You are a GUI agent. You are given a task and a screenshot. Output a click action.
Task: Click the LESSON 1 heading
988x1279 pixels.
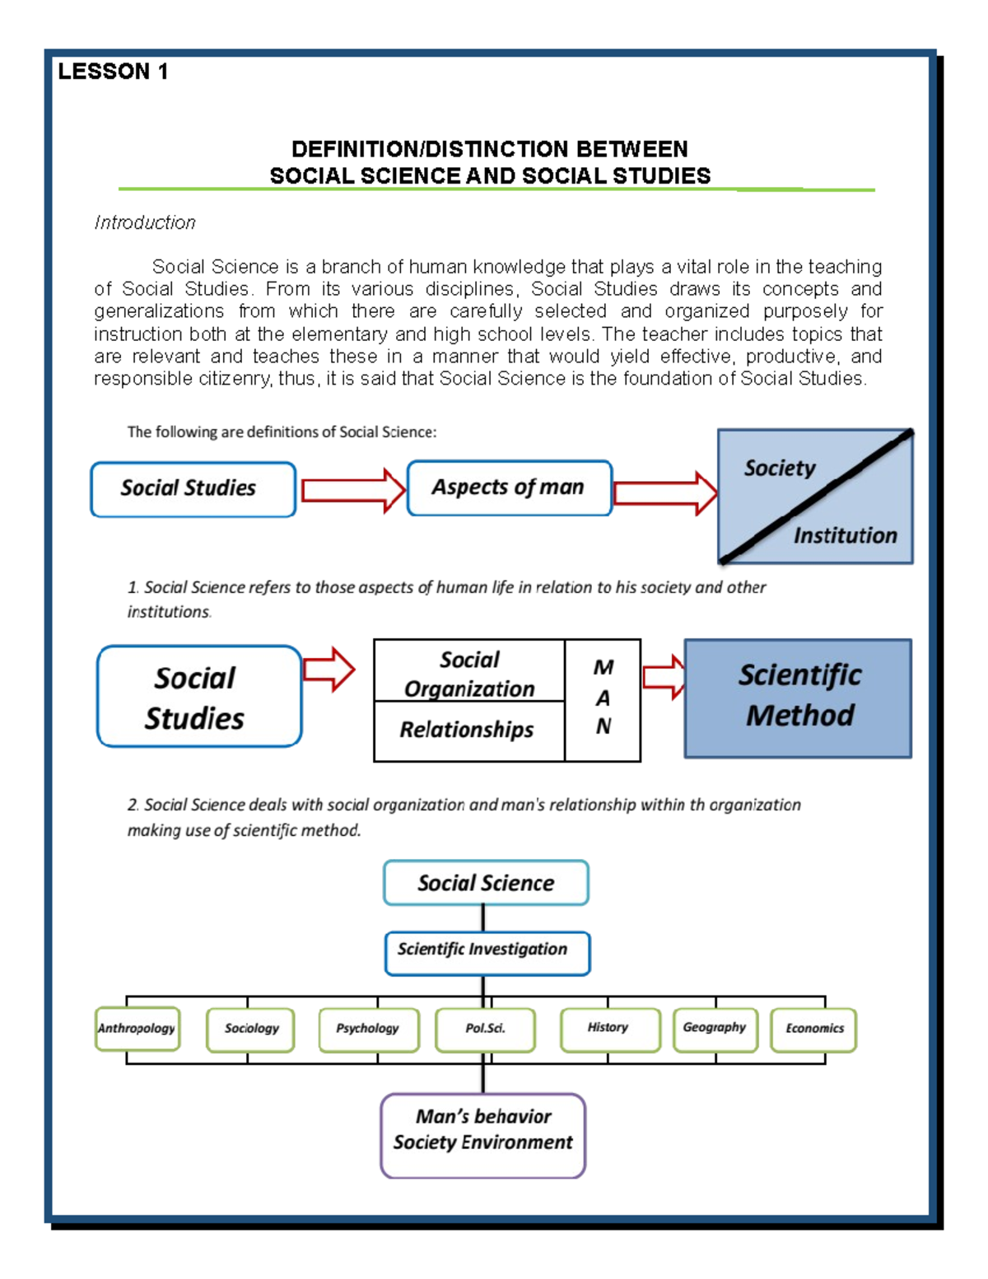point(113,72)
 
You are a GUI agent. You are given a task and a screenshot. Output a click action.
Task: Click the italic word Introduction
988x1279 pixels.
point(145,222)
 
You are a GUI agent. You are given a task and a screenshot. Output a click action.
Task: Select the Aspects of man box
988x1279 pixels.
point(509,488)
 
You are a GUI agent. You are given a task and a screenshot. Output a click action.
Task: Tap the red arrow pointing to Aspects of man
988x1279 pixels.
point(352,490)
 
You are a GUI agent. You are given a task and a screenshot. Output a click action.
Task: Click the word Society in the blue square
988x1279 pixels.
point(779,468)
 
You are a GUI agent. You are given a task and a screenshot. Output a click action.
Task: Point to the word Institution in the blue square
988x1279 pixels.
point(845,535)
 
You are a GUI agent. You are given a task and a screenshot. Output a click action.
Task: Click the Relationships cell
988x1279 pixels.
point(468,730)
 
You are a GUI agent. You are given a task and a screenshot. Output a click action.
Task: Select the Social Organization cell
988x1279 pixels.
point(469,673)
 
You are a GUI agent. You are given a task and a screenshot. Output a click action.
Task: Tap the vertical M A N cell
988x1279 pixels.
point(603,698)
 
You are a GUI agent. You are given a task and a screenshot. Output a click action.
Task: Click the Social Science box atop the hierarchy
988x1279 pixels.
point(486,883)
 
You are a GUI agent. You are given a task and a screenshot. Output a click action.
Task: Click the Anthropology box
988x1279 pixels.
point(137,1029)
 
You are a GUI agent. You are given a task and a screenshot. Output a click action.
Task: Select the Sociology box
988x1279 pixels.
point(251,1029)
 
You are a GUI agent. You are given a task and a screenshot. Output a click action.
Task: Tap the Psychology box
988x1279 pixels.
point(368,1029)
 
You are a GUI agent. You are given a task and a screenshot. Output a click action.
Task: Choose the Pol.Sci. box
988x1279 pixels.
point(485,1029)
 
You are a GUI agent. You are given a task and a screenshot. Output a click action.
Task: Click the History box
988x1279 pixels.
point(609,1029)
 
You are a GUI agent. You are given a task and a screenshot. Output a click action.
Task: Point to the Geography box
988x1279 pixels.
point(715,1029)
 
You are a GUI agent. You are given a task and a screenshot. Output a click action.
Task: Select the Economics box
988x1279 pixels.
point(813,1029)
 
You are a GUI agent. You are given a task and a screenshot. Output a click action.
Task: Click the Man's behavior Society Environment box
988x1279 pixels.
point(483,1134)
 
